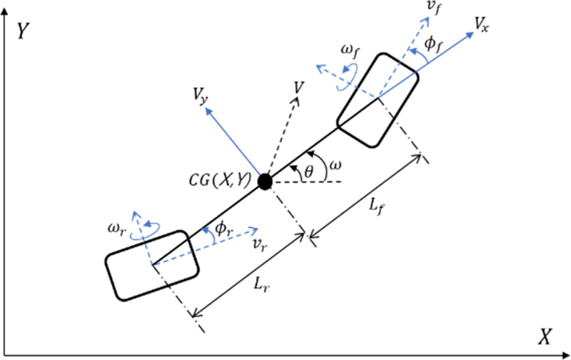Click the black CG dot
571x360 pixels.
(266, 181)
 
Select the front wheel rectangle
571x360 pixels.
(378, 98)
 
